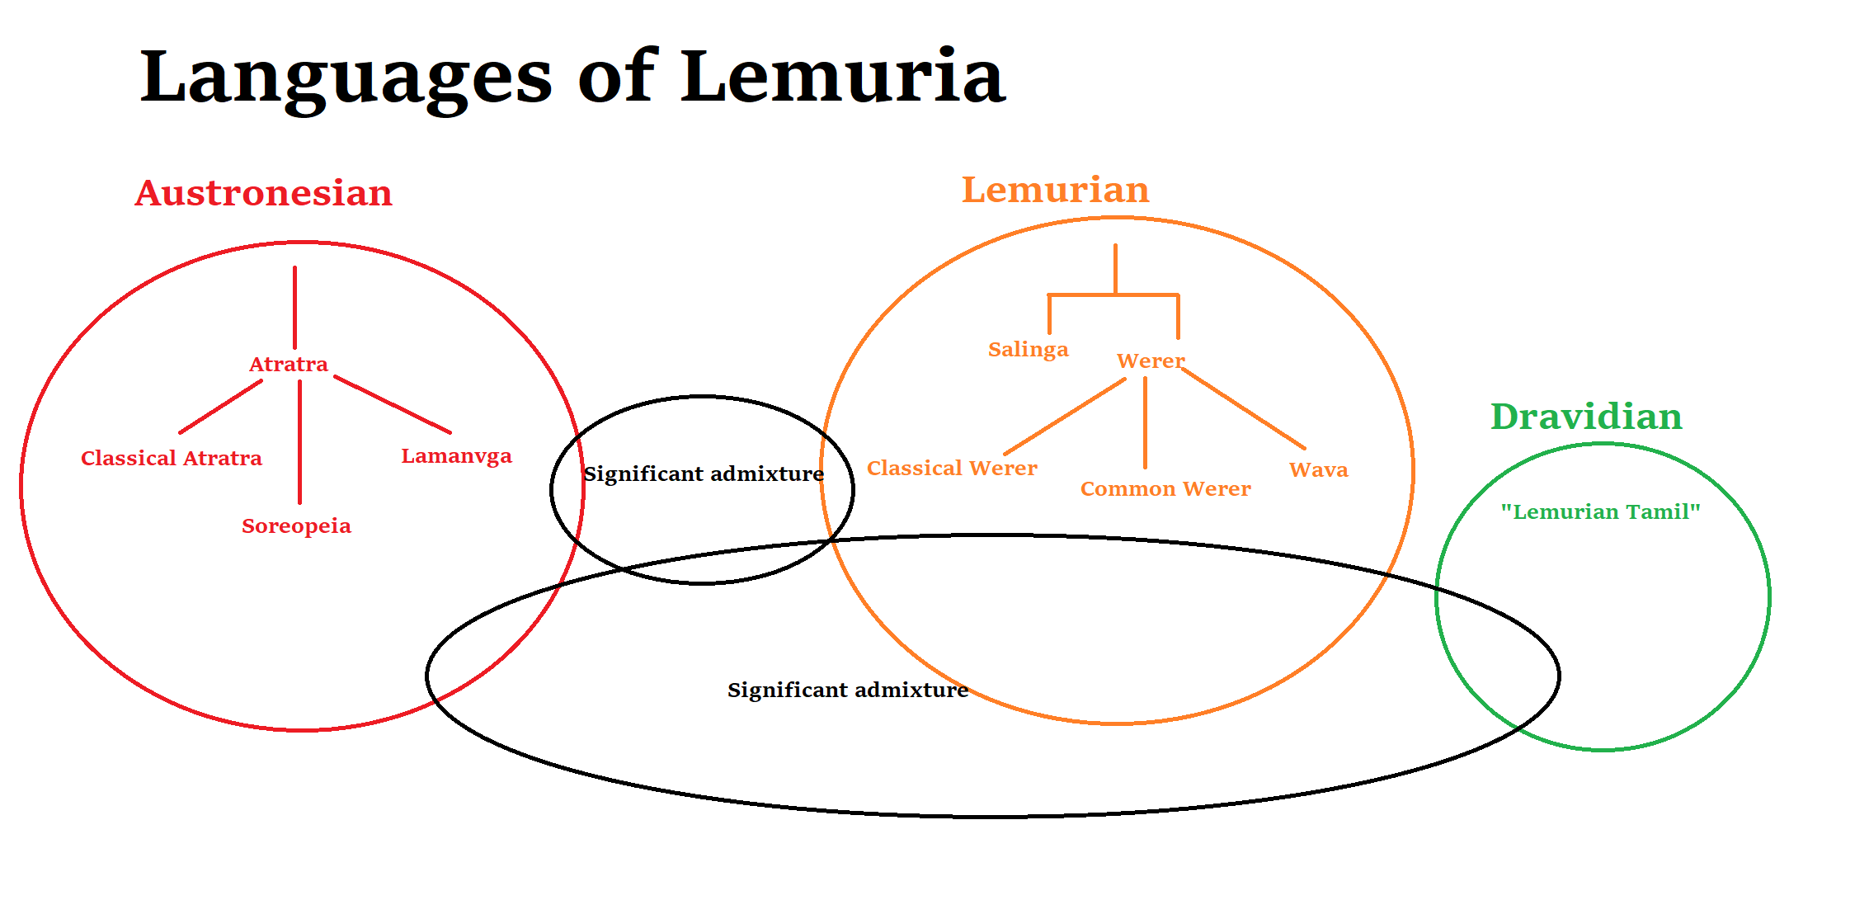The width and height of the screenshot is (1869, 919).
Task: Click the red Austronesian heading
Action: pos(263,193)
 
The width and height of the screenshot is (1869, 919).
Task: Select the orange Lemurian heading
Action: pos(1055,190)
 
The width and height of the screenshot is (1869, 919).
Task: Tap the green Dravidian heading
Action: pos(1586,417)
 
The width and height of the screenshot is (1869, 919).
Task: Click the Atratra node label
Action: pos(288,364)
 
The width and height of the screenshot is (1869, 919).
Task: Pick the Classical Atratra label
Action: pos(171,458)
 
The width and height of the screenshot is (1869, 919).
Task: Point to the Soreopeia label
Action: pos(296,525)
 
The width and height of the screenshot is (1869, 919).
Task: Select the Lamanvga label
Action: pos(456,456)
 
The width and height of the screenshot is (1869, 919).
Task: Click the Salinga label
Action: pos(1028,349)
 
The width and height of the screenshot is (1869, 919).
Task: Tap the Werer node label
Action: pos(1150,361)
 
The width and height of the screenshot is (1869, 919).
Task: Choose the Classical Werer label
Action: pos(951,468)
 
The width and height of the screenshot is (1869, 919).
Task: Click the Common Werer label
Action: pos(1165,488)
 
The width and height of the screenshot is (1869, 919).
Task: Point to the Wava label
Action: pos(1318,469)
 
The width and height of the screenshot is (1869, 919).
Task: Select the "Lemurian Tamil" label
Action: pos(1600,511)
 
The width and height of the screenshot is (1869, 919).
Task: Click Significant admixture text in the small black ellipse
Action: pos(703,474)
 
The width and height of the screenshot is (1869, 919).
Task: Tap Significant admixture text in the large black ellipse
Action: pos(847,690)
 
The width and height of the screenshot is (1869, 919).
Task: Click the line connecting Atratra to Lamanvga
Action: pos(393,405)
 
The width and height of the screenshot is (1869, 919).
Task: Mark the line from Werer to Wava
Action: pos(1243,408)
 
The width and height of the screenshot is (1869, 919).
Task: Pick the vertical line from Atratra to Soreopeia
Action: pos(299,441)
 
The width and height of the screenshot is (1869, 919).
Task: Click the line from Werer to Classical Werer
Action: pos(1065,417)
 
